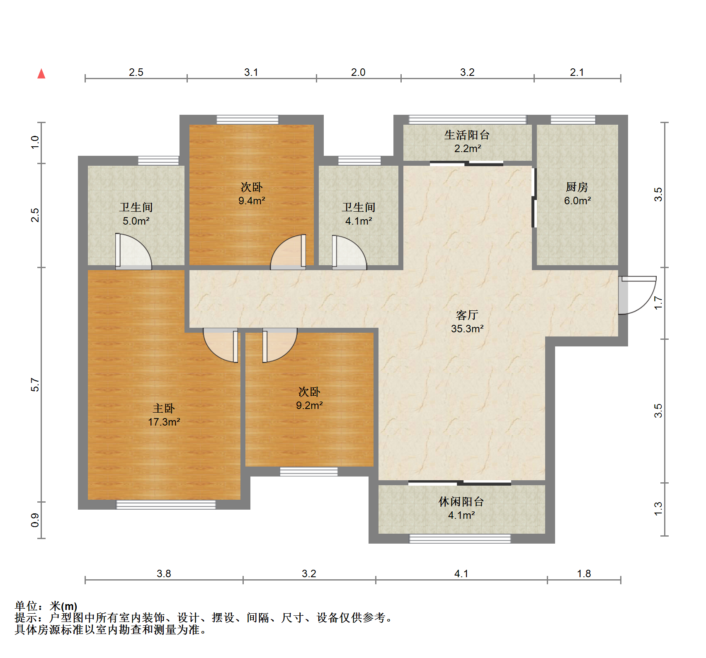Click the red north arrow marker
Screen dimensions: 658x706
click(x=41, y=74)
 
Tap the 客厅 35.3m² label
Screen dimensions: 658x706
click(x=467, y=322)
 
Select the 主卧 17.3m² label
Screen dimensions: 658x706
click(x=164, y=415)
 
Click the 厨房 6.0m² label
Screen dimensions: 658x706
click(x=577, y=194)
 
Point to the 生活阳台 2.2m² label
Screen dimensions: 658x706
click(x=467, y=142)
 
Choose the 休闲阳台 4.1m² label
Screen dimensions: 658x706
click(x=461, y=508)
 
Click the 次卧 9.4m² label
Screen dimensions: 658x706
click(x=252, y=194)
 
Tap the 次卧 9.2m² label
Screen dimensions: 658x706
click(x=309, y=399)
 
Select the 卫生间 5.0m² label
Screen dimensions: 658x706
click(x=136, y=214)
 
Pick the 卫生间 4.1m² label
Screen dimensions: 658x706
click(x=359, y=214)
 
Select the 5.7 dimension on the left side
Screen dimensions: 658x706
click(x=35, y=385)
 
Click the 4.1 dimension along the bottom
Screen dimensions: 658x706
click(x=461, y=573)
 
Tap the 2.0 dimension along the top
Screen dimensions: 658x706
click(x=358, y=72)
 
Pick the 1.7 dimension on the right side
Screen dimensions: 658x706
click(x=658, y=303)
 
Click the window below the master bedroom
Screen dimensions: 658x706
click(x=166, y=505)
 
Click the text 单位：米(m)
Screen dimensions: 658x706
click(x=46, y=606)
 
